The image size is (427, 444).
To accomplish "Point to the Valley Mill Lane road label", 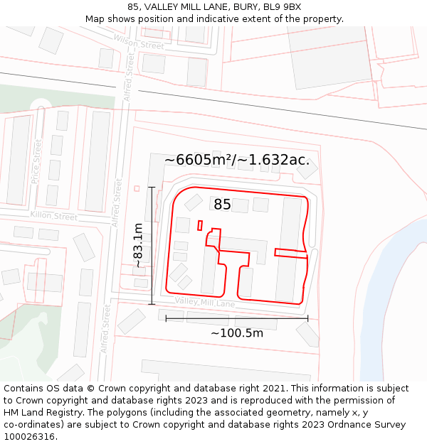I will (x=205, y=303).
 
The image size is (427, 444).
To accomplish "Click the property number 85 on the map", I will (x=222, y=205).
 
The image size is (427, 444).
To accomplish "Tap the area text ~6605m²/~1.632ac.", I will (x=237, y=160).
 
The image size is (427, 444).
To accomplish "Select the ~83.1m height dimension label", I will (x=138, y=245).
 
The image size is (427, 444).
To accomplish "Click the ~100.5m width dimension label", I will (x=237, y=333).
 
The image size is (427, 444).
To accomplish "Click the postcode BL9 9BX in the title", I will (x=282, y=7).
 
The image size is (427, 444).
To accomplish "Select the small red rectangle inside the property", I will (x=200, y=225).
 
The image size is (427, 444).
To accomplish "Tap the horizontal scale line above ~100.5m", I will (x=237, y=319).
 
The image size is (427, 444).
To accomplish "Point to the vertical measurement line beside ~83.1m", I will (x=152, y=245).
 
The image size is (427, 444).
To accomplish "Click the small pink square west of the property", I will (x=137, y=188).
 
